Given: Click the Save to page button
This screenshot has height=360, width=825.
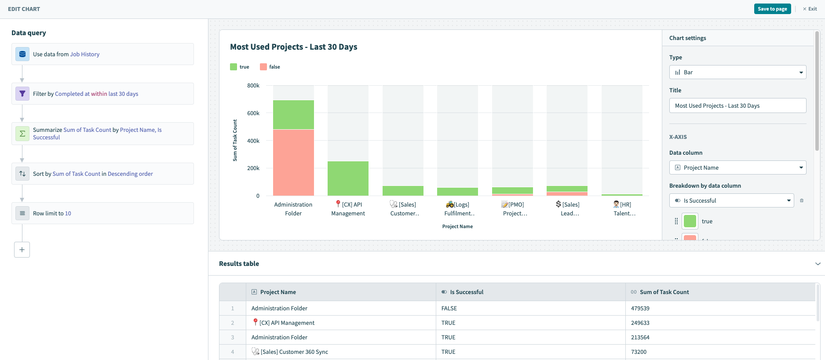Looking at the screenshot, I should click(x=772, y=9).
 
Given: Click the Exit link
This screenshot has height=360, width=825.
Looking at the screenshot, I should click(x=810, y=9).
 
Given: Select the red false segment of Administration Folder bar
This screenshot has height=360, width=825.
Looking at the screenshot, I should click(x=293, y=162).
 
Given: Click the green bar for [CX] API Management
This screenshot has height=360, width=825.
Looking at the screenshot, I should click(x=348, y=178).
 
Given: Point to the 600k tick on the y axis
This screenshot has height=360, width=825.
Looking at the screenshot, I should click(x=253, y=113).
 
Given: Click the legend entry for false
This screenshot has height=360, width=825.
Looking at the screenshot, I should click(x=270, y=67).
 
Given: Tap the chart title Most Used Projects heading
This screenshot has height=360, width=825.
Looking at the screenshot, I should click(x=293, y=47).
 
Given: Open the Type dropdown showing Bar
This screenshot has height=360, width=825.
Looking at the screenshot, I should click(x=737, y=72).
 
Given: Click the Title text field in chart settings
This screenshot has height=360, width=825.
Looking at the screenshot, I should click(x=737, y=105).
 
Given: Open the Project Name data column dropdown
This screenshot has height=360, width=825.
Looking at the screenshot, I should click(x=737, y=167).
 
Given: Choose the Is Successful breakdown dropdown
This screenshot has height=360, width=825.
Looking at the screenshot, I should click(x=731, y=200).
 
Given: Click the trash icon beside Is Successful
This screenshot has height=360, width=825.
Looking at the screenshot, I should click(x=802, y=200).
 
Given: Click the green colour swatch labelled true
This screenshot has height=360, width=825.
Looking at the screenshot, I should click(x=690, y=221).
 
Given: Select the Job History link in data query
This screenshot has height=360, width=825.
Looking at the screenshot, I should click(x=85, y=55).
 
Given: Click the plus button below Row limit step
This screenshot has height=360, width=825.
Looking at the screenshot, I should click(x=22, y=250).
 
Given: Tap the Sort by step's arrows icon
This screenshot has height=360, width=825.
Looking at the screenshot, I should click(x=22, y=174).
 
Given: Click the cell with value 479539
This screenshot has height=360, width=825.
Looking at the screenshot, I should click(x=640, y=308).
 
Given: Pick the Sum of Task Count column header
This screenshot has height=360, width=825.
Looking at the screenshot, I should click(x=664, y=292).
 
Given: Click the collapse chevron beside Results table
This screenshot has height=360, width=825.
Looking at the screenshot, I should click(x=818, y=264).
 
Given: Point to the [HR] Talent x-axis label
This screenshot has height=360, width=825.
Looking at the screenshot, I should click(x=624, y=209).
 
